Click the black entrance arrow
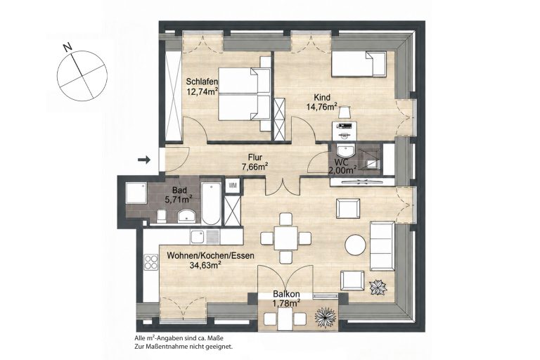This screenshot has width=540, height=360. [144, 159]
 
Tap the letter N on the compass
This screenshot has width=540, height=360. [68, 47]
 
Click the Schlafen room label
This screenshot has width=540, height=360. [202, 82]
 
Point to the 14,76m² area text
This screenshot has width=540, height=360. [321, 107]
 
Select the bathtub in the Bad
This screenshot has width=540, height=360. [211, 203]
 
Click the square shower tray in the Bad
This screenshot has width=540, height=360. [136, 193]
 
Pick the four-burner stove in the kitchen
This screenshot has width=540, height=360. [151, 262]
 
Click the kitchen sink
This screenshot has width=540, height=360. [205, 237]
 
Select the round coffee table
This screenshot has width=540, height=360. [356, 245]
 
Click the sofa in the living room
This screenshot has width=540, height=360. [382, 246]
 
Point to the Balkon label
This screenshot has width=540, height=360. [286, 295]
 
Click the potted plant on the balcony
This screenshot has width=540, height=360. [326, 316]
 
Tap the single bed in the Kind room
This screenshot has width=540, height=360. [359, 64]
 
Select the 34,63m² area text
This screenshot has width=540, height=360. [205, 265]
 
